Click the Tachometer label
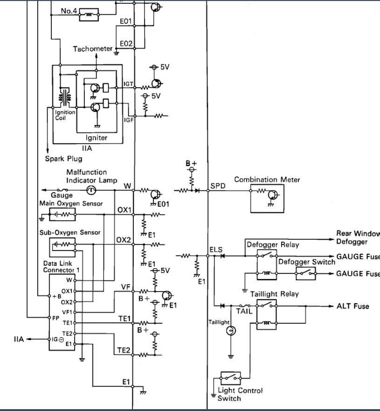pyautogui.click(x=93, y=49)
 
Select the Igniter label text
pyautogui.click(x=97, y=138)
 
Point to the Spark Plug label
pyautogui.click(x=64, y=159)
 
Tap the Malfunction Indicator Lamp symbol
pyautogui.click(x=92, y=190)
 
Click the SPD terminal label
pyautogui.click(x=218, y=185)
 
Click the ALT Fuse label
pyautogui.click(x=352, y=306)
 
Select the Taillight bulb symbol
pyautogui.click(x=229, y=331)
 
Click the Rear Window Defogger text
pyautogui.click(x=358, y=237)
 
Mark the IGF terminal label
pyautogui.click(x=129, y=120)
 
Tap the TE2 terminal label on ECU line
pyautogui.click(x=124, y=350)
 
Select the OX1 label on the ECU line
pyautogui.click(x=124, y=209)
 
